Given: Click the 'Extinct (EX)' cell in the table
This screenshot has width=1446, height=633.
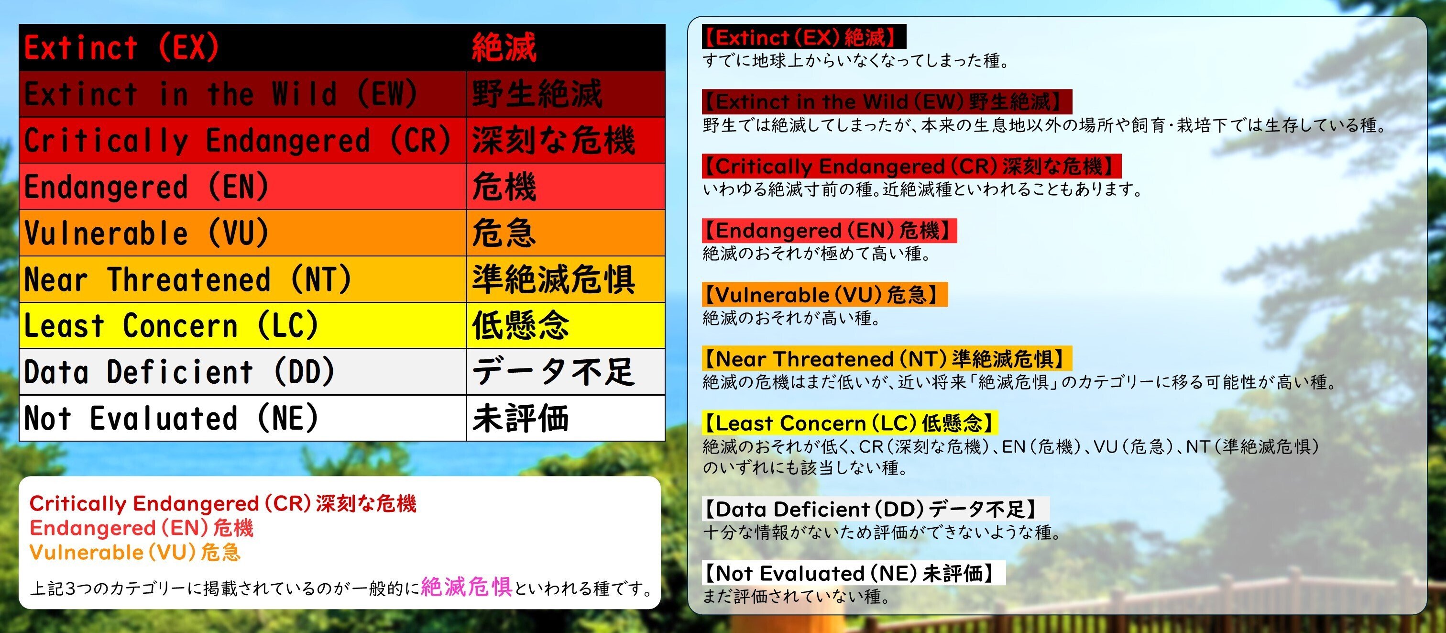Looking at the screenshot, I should click(242, 48).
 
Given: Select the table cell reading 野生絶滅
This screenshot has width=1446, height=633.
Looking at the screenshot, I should click(565, 94).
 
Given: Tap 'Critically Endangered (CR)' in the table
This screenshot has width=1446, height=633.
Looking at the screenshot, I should click(242, 140).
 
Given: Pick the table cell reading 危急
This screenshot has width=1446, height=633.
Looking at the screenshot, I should click(565, 233).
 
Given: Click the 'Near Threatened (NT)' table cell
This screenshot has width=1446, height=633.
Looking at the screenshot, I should click(242, 279).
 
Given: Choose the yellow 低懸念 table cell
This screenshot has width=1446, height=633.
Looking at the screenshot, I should click(565, 326).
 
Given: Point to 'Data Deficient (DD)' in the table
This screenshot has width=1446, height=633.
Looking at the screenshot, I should click(242, 372).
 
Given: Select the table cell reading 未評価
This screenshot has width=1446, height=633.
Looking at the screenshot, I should click(565, 419).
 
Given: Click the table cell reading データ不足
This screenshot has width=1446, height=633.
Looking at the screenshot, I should click(565, 372).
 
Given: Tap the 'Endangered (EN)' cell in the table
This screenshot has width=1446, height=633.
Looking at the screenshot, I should click(242, 187).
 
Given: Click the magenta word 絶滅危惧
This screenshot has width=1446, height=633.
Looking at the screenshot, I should click(466, 587).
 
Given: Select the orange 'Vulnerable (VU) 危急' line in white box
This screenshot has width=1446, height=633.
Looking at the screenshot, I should click(135, 553).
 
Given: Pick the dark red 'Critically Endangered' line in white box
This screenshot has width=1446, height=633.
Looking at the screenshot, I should click(223, 504).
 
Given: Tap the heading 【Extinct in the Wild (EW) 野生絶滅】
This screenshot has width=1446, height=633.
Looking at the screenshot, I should click(887, 101).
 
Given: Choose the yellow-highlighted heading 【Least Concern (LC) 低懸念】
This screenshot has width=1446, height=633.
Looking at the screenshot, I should click(850, 423).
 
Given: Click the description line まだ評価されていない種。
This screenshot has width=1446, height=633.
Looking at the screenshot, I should click(797, 597).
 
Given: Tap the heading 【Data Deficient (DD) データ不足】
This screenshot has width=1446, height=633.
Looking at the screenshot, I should click(875, 509).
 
